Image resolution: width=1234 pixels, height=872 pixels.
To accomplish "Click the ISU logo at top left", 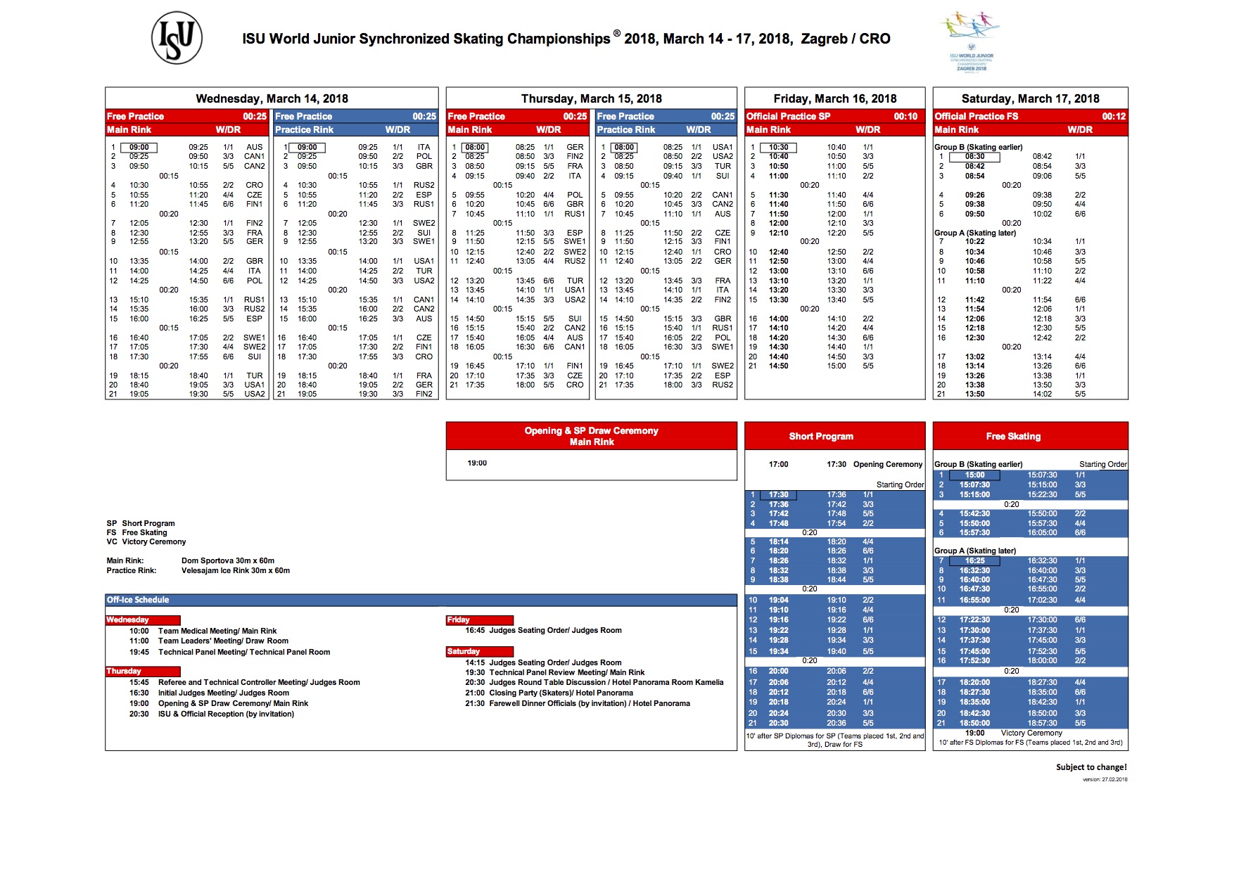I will point(177,38).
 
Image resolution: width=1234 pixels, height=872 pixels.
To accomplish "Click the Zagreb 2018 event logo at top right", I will point(971,41).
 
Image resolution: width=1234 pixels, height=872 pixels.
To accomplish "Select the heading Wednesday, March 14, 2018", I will point(272,98).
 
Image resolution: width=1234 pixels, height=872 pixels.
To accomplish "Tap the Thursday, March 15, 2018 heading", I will point(591,98).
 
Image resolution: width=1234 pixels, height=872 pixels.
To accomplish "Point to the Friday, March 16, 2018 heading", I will point(834,98).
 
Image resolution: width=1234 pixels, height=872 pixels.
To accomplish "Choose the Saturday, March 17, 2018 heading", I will point(1030,98).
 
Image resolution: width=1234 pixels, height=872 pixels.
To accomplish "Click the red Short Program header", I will point(821,436).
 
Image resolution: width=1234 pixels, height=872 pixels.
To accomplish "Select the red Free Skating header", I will point(1013,436).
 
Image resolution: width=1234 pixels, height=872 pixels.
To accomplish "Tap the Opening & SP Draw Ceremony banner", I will point(591,436).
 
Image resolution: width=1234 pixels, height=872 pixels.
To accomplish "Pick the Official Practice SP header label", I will point(788,116).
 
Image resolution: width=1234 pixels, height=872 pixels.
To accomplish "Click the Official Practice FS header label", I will point(976,116).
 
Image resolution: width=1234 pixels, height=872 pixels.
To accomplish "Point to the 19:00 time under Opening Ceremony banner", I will point(477,463).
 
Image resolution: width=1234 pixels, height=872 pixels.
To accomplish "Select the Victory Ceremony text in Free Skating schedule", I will point(1031,733).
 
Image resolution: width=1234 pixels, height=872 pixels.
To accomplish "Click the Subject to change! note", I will point(1091,767).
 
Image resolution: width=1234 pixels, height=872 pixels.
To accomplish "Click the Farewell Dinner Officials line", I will point(590,703).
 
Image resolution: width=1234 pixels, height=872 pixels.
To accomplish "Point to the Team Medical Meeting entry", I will point(217,631).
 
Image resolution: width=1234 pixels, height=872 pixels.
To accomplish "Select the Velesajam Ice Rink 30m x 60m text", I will point(236,570).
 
